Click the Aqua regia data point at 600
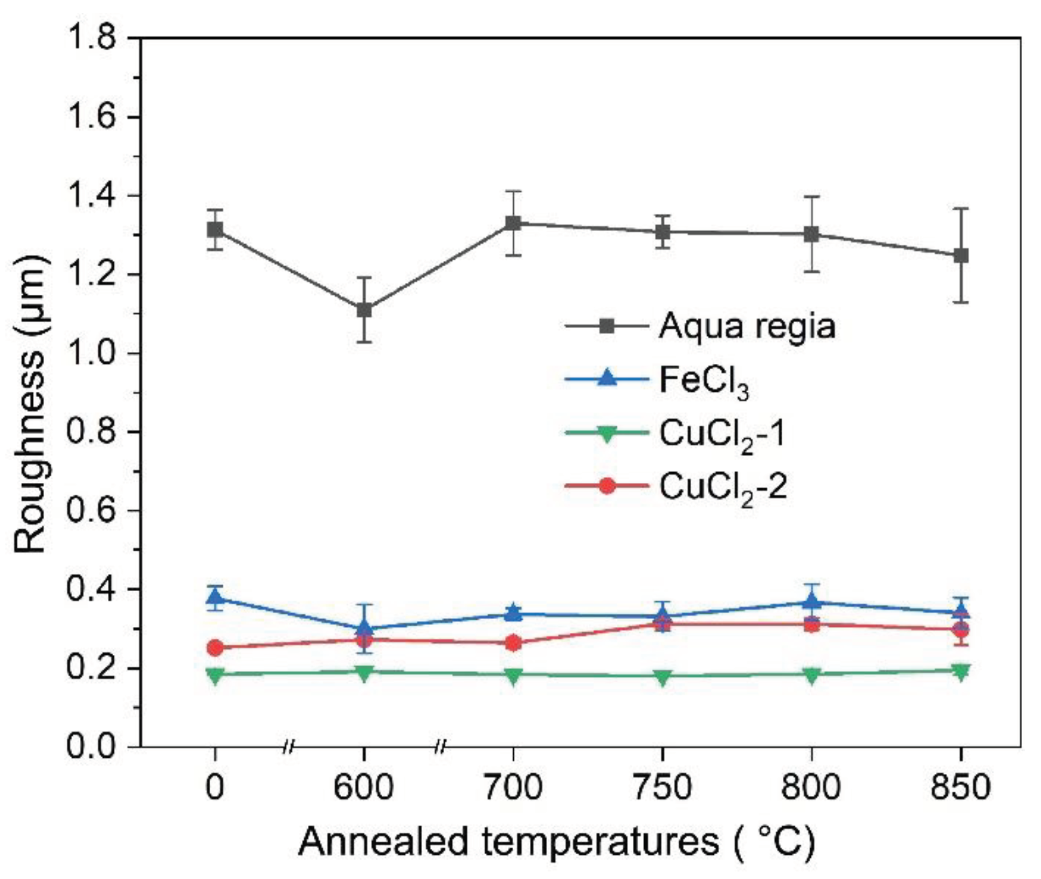point(364,310)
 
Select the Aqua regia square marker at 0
point(215,230)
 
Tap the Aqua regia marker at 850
point(961,255)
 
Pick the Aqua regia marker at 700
point(513,223)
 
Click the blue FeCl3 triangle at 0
point(215,597)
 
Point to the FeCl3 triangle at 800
point(811,601)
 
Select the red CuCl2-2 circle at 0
point(215,648)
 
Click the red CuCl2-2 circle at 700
point(513,643)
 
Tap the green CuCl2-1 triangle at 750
point(663,676)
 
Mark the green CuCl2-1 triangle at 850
point(961,671)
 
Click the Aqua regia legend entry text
point(747,326)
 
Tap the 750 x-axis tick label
point(663,787)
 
